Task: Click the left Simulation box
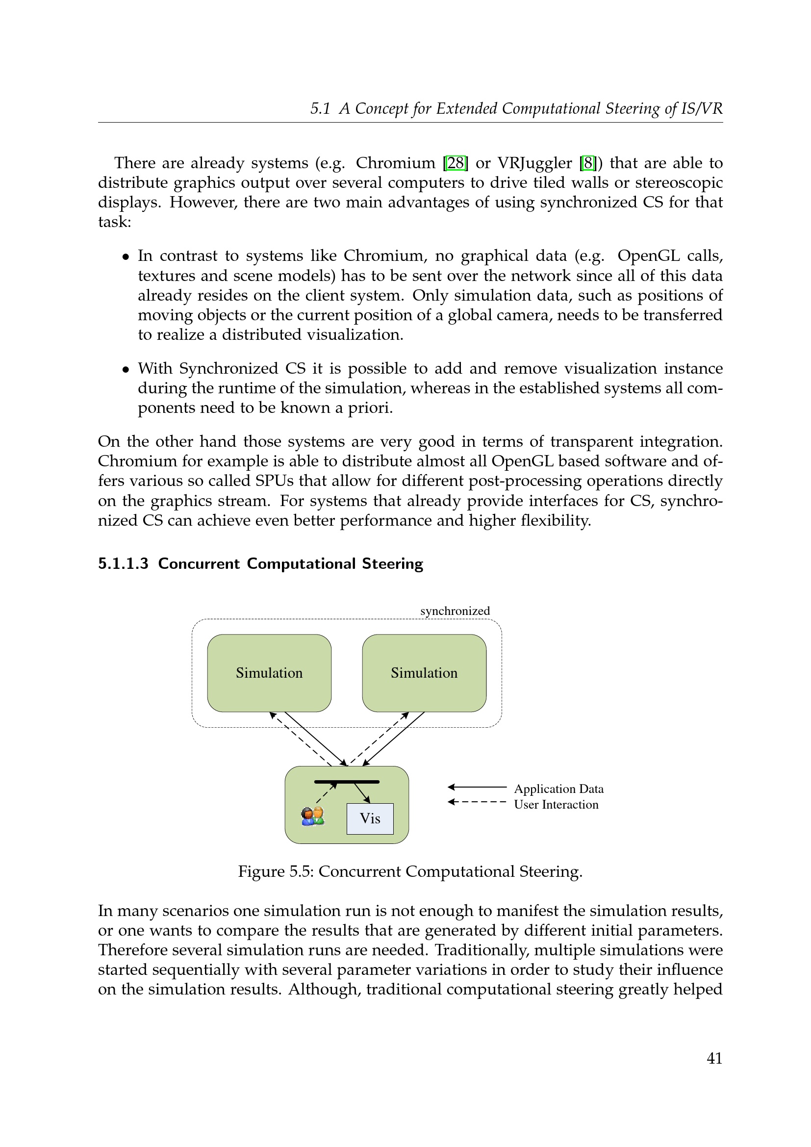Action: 269,673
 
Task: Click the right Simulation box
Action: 424,673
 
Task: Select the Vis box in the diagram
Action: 370,818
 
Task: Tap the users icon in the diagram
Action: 313,816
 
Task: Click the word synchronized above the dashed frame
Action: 455,611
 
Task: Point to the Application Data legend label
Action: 559,789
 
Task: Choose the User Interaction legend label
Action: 556,804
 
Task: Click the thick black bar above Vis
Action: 347,781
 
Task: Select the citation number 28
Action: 456,163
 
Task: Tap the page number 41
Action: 714,1058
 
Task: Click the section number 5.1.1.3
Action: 124,563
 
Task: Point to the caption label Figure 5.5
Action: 275,871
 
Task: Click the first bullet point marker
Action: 126,257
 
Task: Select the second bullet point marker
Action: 126,370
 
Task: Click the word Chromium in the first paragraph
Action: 396,163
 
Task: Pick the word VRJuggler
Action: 534,163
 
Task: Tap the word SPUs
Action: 274,481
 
